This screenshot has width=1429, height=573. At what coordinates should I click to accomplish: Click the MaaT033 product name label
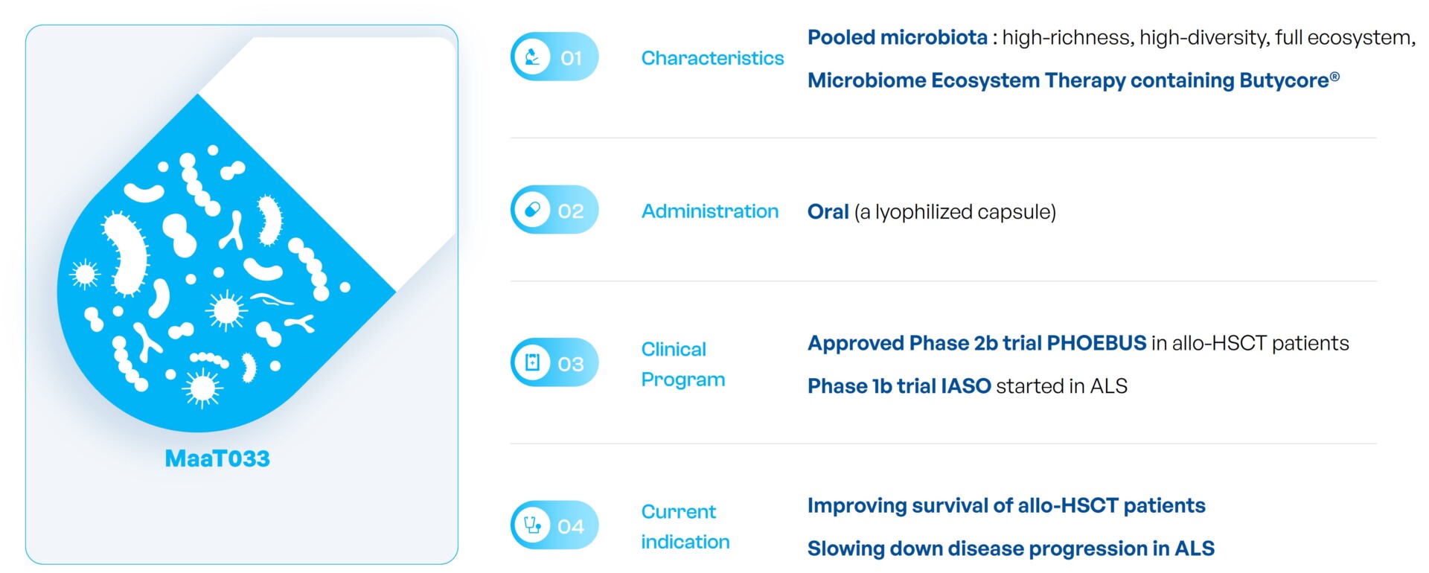point(217,458)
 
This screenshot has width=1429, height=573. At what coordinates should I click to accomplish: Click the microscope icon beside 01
point(532,57)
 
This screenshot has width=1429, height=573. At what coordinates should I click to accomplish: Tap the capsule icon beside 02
point(532,210)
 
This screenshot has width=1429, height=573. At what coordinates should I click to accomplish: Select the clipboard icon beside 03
point(532,362)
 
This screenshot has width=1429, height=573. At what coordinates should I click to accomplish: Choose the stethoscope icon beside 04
point(532,525)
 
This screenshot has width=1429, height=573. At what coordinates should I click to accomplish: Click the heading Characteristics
point(712,58)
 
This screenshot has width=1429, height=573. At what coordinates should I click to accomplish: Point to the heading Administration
point(710,211)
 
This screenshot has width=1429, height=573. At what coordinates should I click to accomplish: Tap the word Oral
point(828,212)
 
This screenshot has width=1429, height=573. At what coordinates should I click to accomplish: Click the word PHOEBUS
point(1096,343)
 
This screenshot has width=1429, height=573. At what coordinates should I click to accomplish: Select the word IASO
point(966,386)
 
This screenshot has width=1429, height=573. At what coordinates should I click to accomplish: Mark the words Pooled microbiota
point(898,37)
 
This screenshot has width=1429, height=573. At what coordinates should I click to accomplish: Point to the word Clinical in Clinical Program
point(674,349)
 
